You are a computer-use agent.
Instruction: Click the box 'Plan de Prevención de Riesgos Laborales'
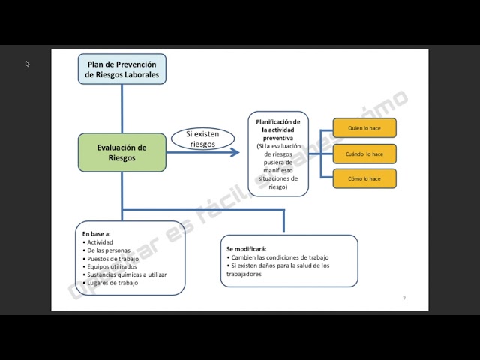122,69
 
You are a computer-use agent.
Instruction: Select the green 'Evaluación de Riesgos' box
121,153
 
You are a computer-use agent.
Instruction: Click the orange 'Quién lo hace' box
364,128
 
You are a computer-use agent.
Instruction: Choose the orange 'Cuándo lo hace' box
364,154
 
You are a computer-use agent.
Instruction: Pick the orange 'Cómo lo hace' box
364,178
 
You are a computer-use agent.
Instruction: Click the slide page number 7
404,298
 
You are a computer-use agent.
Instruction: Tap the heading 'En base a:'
97,233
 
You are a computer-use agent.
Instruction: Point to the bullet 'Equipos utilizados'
112,266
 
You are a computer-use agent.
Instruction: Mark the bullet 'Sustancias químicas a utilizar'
127,274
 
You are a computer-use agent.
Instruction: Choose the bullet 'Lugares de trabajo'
113,283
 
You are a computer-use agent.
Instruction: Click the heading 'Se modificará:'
247,248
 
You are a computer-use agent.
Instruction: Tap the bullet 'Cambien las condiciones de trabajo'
280,257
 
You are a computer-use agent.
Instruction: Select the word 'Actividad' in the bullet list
101,241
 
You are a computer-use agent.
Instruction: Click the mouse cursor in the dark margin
27,64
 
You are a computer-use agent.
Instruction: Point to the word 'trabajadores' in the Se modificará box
244,274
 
